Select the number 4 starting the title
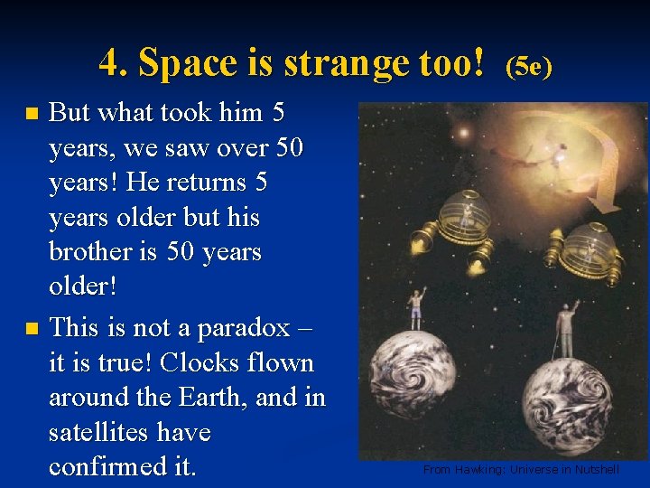[109, 64]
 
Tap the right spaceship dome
[588, 239]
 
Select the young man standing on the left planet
[417, 308]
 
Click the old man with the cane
[567, 330]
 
